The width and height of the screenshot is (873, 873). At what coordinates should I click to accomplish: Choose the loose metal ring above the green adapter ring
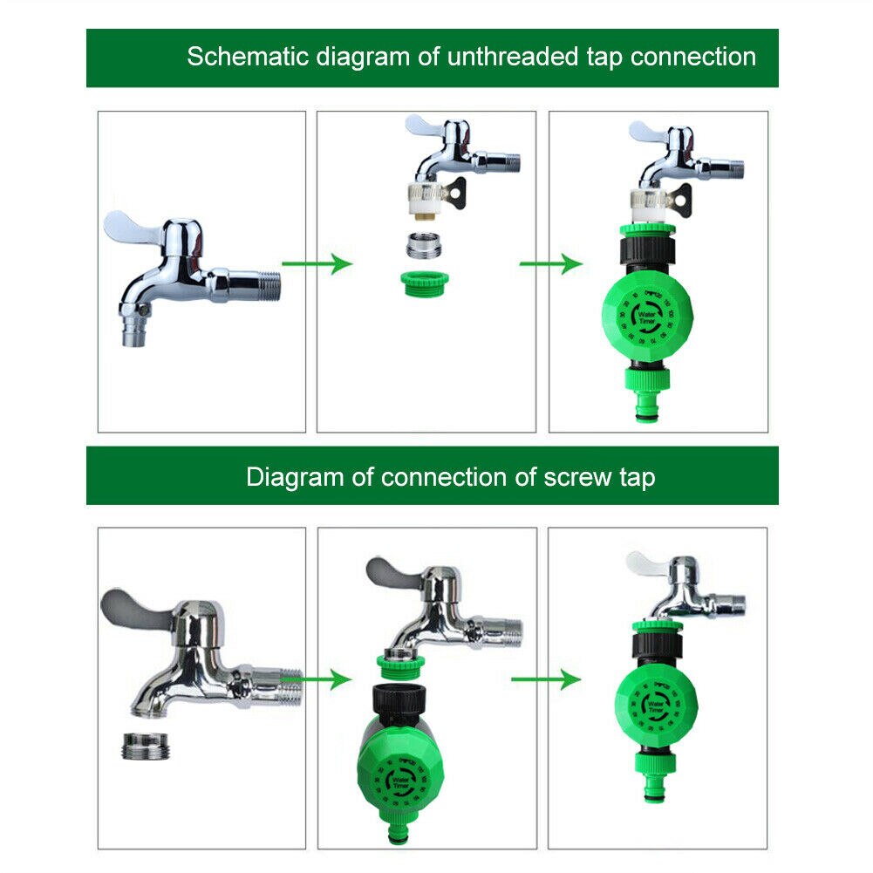423,244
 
